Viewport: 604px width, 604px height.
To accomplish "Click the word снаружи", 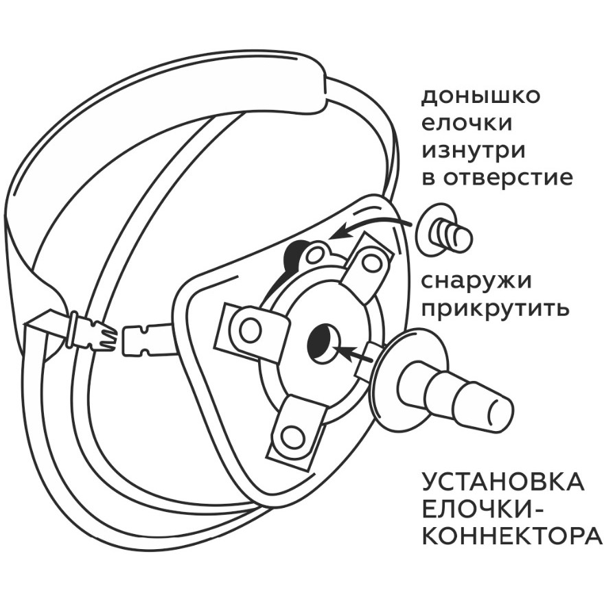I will point(476,282).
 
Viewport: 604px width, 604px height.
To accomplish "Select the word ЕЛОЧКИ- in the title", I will point(480,508).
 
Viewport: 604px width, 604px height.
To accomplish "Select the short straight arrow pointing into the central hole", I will point(354,354).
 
